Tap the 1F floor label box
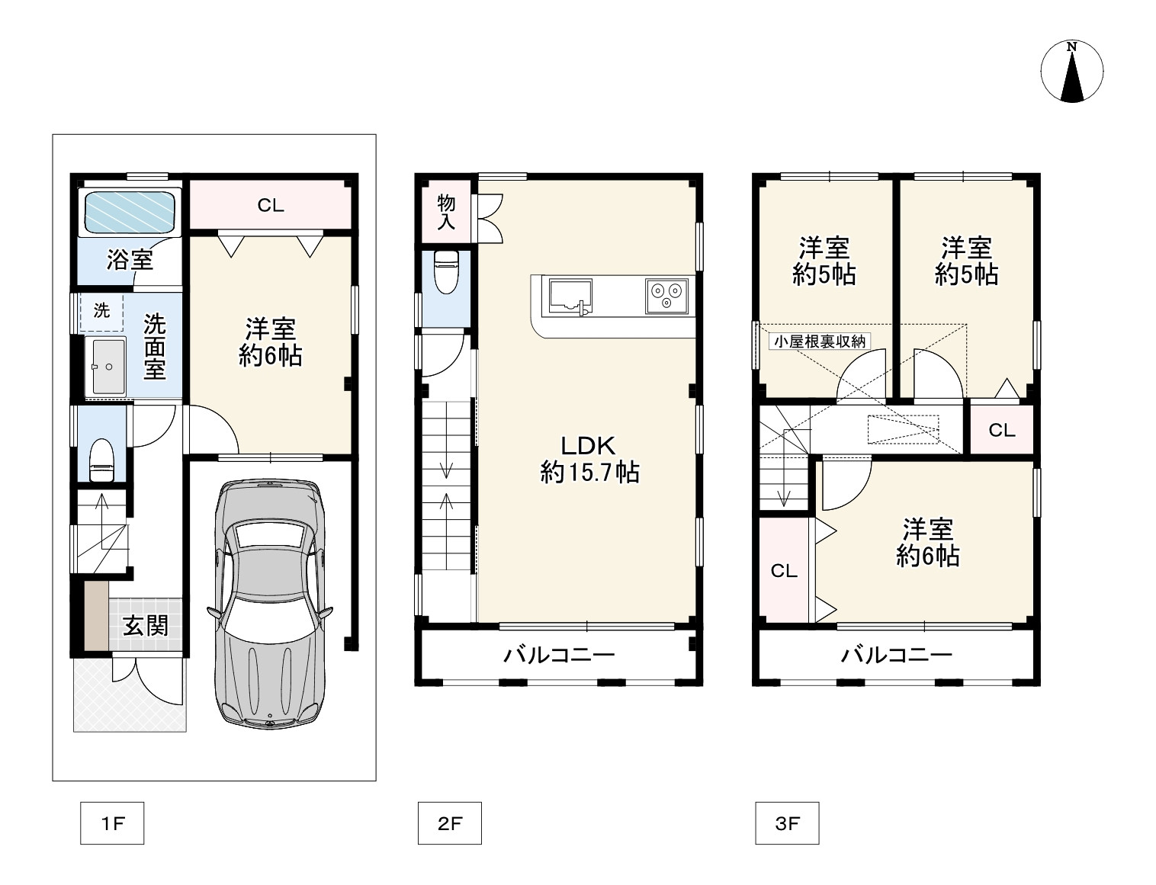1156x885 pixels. [112, 823]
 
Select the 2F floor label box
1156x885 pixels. [450, 823]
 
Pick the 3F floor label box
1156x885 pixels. [787, 823]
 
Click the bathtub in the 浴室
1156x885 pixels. [130, 212]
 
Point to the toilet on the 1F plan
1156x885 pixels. [101, 460]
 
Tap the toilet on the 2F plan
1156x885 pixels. [446, 271]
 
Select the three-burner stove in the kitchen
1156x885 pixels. [666, 296]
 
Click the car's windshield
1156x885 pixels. [270, 536]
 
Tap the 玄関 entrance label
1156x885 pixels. [145, 626]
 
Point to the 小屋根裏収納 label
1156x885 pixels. [819, 341]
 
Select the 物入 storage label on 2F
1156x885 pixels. [446, 212]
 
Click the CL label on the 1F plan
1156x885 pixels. [271, 205]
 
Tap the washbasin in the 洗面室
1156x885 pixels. [105, 367]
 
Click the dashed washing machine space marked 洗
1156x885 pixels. [101, 313]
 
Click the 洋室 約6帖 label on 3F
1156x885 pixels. [928, 543]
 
